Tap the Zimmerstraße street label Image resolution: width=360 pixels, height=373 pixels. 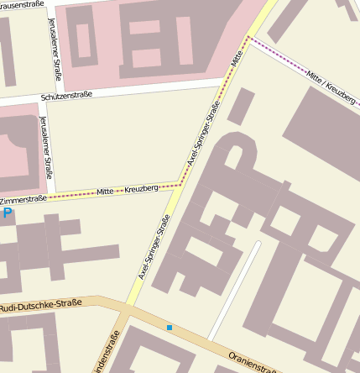[23, 200]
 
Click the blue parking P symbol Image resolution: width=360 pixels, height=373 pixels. [8, 214]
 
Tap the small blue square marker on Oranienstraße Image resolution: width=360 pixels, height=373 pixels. [170, 327]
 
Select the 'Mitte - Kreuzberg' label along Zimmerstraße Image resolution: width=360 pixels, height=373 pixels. [128, 190]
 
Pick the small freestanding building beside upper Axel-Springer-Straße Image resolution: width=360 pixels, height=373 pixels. [241, 107]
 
